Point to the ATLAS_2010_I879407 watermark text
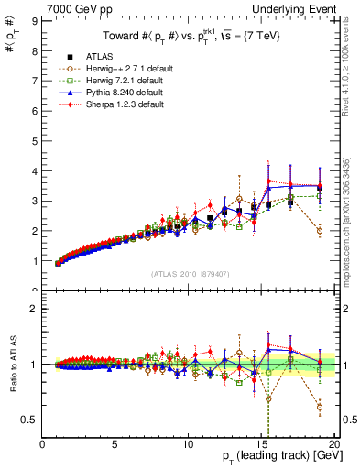click(x=190, y=273)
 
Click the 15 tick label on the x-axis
click(x=262, y=444)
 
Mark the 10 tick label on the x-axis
click(x=189, y=444)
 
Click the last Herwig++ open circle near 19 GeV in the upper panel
click(x=319, y=231)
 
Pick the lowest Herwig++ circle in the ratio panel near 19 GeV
click(x=319, y=407)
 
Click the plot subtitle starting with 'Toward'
click(x=190, y=37)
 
